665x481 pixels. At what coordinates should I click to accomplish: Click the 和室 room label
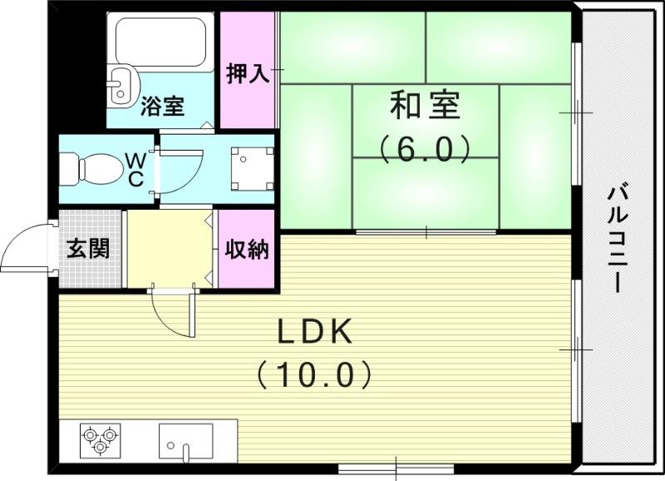[x=425, y=106]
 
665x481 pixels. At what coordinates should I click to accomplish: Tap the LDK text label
[x=315, y=333]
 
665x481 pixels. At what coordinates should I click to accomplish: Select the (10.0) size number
[x=314, y=375]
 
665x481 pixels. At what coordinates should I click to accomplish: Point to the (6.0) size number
[x=425, y=150]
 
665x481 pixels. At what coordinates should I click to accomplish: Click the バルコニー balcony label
[x=618, y=237]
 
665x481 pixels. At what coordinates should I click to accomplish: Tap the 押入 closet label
[x=248, y=73]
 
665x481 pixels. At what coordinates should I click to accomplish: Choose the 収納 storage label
[x=248, y=249]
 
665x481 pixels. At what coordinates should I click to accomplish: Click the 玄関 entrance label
[x=88, y=249]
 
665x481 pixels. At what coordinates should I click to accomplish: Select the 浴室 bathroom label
[x=162, y=107]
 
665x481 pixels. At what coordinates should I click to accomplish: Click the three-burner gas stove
[x=101, y=439]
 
